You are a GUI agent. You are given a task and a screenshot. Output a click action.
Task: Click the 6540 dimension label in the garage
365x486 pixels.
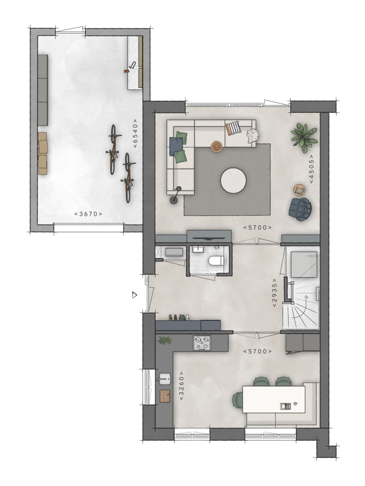pyautogui.click(x=135, y=134)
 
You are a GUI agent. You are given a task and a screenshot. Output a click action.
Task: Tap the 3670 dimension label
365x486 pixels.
pyautogui.click(x=88, y=214)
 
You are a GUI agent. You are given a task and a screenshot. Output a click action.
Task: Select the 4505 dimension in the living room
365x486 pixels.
pyautogui.click(x=311, y=169)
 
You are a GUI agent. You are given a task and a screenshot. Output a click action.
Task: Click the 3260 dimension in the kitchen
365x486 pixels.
pyautogui.click(x=182, y=386)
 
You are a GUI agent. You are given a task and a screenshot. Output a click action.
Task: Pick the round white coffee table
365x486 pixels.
pyautogui.click(x=233, y=181)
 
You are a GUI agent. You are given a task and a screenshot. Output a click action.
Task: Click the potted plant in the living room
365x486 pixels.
pyautogui.click(x=304, y=137)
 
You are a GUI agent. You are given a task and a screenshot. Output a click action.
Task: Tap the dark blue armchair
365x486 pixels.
pyautogui.click(x=300, y=209)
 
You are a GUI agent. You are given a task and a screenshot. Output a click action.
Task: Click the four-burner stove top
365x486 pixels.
pyautogui.click(x=202, y=343)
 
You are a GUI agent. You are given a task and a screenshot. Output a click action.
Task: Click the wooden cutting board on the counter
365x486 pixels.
pyautogui.click(x=165, y=396)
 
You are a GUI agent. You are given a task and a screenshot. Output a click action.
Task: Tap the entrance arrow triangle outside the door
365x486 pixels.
pyautogui.click(x=134, y=295)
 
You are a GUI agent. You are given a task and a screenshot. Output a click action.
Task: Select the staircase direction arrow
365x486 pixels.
pyautogui.click(x=305, y=305)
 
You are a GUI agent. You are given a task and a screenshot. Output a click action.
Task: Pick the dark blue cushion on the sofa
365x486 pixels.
pyautogui.click(x=175, y=146)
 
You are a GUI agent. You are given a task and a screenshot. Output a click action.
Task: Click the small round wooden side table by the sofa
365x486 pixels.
pyautogui.click(x=216, y=146)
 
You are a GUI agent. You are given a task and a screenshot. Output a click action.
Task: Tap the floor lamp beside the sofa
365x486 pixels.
pyautogui.click(x=176, y=196)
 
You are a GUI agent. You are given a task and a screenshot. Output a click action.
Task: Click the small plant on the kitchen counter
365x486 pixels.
pyautogui.click(x=164, y=340)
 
